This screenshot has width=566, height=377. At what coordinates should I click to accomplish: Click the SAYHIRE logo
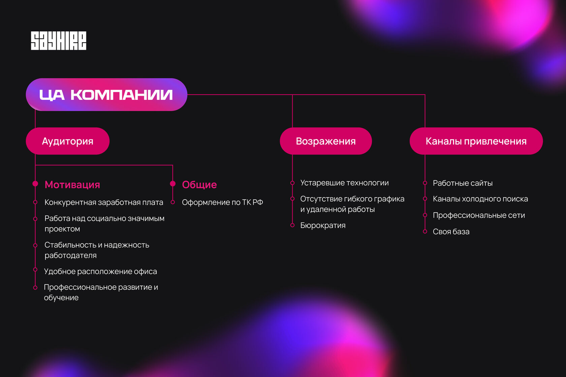[59, 41]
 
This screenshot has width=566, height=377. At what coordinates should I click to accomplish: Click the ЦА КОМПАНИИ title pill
[106, 95]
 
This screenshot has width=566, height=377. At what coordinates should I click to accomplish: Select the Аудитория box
[68, 141]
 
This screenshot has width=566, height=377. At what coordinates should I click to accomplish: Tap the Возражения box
[326, 141]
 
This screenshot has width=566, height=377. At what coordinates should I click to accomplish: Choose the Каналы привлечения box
[476, 141]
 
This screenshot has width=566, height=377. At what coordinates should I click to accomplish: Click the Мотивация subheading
[72, 184]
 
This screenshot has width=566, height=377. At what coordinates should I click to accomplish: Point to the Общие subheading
[199, 184]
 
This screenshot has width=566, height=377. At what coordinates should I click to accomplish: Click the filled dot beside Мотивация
[35, 183]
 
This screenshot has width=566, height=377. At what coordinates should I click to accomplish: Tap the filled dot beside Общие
[173, 183]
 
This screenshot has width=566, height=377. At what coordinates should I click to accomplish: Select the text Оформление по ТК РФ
[222, 202]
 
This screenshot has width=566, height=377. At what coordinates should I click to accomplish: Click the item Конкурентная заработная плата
[104, 202]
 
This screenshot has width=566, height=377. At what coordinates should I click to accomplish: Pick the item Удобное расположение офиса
[100, 271]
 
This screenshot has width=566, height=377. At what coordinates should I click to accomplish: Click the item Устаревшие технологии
[344, 183]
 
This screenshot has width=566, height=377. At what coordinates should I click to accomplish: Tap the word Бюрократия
[323, 225]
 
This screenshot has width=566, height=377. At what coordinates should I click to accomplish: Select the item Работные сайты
[463, 183]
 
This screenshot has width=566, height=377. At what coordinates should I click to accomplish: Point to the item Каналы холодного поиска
[480, 199]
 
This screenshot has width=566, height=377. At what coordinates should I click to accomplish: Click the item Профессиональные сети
[479, 215]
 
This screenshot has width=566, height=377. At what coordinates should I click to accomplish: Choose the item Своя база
[451, 232]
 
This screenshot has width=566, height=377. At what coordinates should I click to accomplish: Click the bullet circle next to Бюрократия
[292, 225]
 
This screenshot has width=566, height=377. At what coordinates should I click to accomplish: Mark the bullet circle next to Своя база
[425, 231]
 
